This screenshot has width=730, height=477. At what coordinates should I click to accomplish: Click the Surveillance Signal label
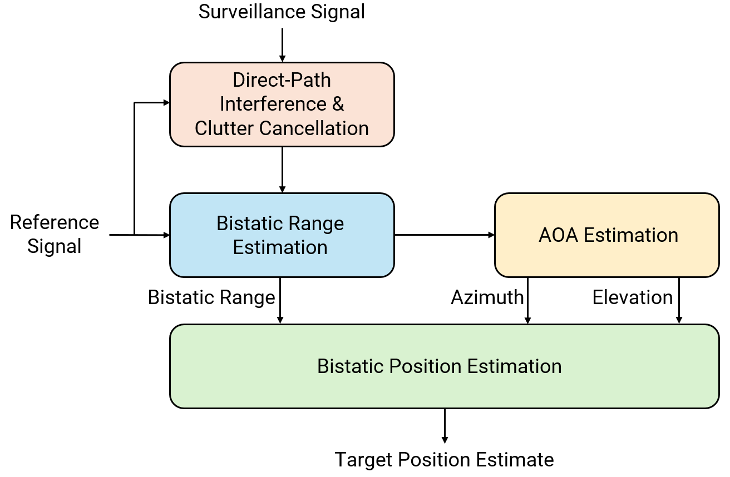282,12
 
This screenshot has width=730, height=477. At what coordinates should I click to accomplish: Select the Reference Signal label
54,234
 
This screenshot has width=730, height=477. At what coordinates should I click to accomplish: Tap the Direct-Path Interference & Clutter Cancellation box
282,105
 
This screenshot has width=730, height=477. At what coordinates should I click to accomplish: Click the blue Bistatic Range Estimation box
282,235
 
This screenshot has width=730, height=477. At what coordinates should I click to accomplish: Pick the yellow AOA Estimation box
606,235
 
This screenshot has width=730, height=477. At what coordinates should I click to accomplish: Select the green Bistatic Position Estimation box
444,366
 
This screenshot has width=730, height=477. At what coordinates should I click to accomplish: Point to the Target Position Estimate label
444,460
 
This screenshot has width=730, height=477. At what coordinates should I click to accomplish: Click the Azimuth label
487,297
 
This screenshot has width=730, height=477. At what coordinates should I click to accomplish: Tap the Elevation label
632,297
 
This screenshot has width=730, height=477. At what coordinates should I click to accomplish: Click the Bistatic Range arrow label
211,297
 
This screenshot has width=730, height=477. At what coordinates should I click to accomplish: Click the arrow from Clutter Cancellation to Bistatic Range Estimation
282,170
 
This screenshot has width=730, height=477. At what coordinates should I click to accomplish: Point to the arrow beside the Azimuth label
527,300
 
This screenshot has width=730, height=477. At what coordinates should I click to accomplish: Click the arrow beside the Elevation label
679,300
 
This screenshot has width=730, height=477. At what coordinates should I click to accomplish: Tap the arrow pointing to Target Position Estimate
444,425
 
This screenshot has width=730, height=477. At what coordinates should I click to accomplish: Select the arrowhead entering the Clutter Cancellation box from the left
165,102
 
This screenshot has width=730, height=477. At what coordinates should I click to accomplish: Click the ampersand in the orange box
338,104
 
